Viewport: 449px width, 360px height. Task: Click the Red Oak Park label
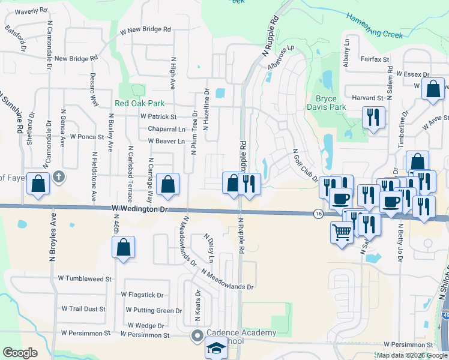[x=140, y=103]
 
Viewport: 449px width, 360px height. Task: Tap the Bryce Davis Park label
[x=331, y=103]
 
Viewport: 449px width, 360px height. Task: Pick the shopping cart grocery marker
[x=342, y=232]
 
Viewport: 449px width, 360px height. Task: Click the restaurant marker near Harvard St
[x=373, y=118]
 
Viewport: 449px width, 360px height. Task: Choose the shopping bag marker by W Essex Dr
[x=433, y=89]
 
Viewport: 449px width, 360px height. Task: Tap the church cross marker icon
[x=58, y=177]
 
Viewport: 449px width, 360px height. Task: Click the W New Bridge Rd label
[x=145, y=29]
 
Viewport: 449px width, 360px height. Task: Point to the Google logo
[x=19, y=353]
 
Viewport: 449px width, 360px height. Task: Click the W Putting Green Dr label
[x=153, y=311]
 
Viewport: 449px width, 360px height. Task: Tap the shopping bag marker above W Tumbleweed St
[x=123, y=247]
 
